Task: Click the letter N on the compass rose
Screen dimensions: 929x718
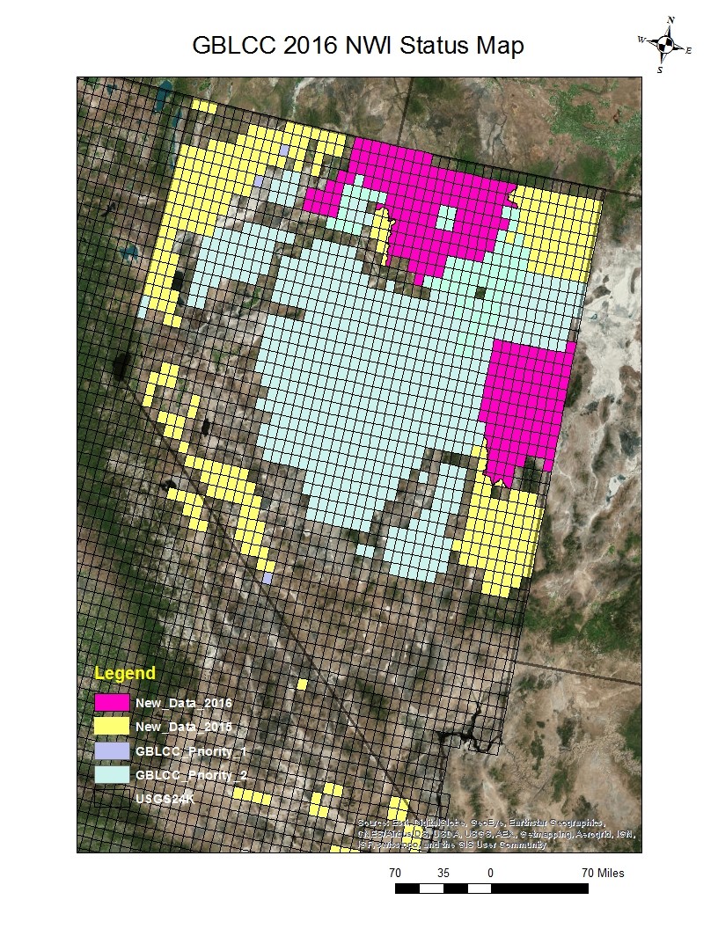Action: [x=670, y=19]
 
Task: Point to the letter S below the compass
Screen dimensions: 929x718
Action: [x=659, y=69]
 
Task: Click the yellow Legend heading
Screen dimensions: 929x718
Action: [x=125, y=674]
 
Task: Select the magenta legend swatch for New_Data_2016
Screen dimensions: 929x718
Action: [x=113, y=703]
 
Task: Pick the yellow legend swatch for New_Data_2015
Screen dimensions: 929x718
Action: [x=113, y=727]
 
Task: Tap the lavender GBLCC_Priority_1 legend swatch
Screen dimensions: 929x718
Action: [x=113, y=751]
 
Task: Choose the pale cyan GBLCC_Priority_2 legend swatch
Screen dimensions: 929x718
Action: [x=113, y=775]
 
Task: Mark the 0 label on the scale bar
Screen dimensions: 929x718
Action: [x=489, y=873]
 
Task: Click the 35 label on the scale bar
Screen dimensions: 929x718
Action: [x=443, y=873]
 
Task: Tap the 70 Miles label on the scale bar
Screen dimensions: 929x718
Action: [x=603, y=873]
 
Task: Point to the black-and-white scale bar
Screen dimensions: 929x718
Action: [x=491, y=889]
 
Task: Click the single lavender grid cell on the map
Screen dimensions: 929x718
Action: [x=267, y=578]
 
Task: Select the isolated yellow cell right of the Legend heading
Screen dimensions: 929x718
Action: [x=302, y=684]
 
